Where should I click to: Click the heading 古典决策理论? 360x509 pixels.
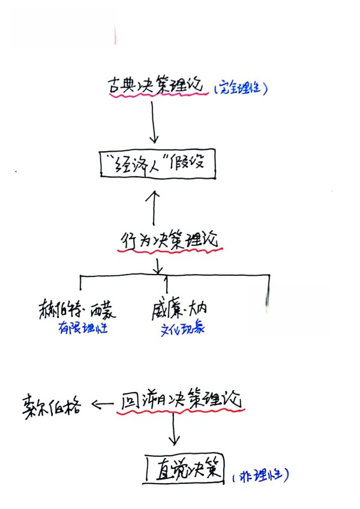[x=158, y=85]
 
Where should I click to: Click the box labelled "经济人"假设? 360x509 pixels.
[x=156, y=164]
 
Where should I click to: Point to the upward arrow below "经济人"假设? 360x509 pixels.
[x=155, y=207]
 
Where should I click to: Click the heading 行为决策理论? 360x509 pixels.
[x=170, y=240]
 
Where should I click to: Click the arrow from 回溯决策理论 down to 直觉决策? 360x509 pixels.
[x=174, y=430]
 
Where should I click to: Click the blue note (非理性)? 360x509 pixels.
[x=260, y=475]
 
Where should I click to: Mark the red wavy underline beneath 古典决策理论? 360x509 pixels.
[x=158, y=97]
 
